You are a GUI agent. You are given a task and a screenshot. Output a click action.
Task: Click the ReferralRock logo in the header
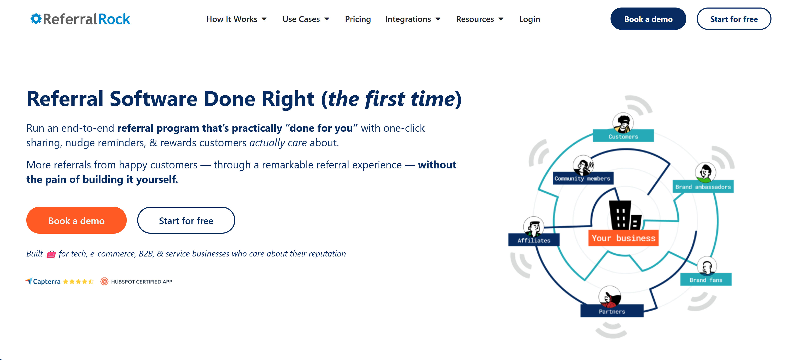[80, 19]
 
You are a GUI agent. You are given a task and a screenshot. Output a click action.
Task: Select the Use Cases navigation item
[306, 19]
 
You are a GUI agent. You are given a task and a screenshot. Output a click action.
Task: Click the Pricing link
[358, 19]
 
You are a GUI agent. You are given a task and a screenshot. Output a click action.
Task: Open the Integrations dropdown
[413, 19]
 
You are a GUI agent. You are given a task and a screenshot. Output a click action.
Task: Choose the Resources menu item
[479, 19]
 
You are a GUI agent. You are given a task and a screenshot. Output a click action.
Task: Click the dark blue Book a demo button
[648, 19]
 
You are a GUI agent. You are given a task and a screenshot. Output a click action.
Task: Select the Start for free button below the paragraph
[186, 221]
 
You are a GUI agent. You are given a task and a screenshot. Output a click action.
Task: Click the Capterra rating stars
[78, 282]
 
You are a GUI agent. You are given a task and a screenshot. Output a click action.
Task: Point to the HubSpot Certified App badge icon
[104, 281]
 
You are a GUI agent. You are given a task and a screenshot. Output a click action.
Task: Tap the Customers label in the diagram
[623, 136]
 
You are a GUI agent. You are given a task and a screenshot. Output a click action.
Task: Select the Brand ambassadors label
[703, 187]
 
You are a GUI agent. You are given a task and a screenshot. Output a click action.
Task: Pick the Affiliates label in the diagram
[533, 240]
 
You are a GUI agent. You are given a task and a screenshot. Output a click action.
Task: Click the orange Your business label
[623, 238]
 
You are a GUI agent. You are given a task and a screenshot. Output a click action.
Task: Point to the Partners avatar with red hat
[609, 297]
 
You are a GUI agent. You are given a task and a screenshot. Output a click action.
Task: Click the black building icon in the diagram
[624, 215]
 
